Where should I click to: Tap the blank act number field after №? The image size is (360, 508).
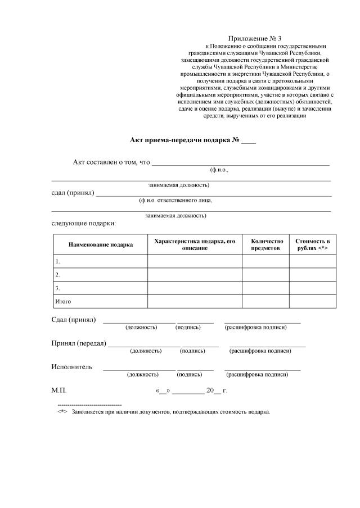pyautogui.click(x=249, y=140)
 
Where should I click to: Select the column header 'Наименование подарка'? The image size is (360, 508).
pyautogui.click(x=101, y=245)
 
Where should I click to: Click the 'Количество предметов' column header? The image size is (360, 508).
pyautogui.click(x=265, y=244)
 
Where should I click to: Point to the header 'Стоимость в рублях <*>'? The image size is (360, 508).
pyautogui.click(x=312, y=244)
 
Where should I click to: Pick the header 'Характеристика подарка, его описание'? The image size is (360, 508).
pyautogui.click(x=195, y=244)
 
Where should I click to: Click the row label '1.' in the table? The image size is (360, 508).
pyautogui.click(x=57, y=262)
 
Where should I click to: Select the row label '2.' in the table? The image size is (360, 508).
pyautogui.click(x=57, y=275)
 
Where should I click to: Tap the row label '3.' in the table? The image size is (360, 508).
pyautogui.click(x=57, y=288)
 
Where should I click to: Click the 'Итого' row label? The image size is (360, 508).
pyautogui.click(x=62, y=302)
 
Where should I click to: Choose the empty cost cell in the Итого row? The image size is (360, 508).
pyautogui.click(x=312, y=302)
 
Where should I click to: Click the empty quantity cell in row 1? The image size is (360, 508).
pyautogui.click(x=265, y=262)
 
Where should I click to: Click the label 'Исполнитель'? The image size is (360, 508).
pyautogui.click(x=71, y=367)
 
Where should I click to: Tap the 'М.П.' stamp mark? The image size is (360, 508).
pyautogui.click(x=58, y=389)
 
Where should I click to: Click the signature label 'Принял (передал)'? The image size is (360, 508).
pyautogui.click(x=79, y=343)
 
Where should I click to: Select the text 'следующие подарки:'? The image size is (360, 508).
pyautogui.click(x=84, y=224)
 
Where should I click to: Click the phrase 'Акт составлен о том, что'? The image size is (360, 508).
pyautogui.click(x=111, y=162)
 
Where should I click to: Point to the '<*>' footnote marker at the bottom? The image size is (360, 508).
pyautogui.click(x=62, y=411)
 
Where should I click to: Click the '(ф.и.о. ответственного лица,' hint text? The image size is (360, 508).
pyautogui.click(x=175, y=200)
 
